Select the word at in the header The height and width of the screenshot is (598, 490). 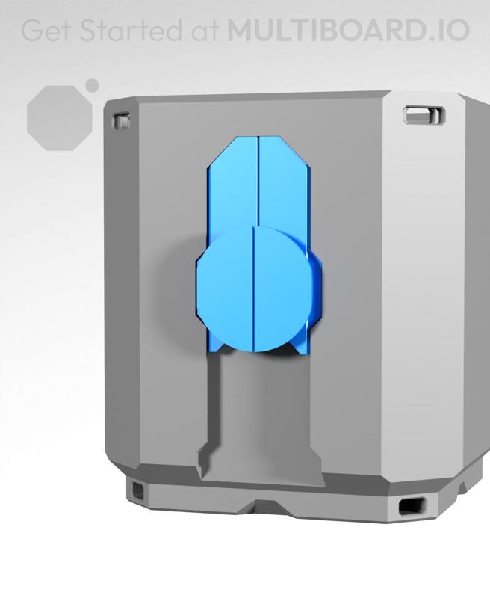point(202,31)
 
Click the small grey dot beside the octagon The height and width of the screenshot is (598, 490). point(93,86)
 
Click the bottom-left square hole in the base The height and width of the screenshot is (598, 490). point(139,490)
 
